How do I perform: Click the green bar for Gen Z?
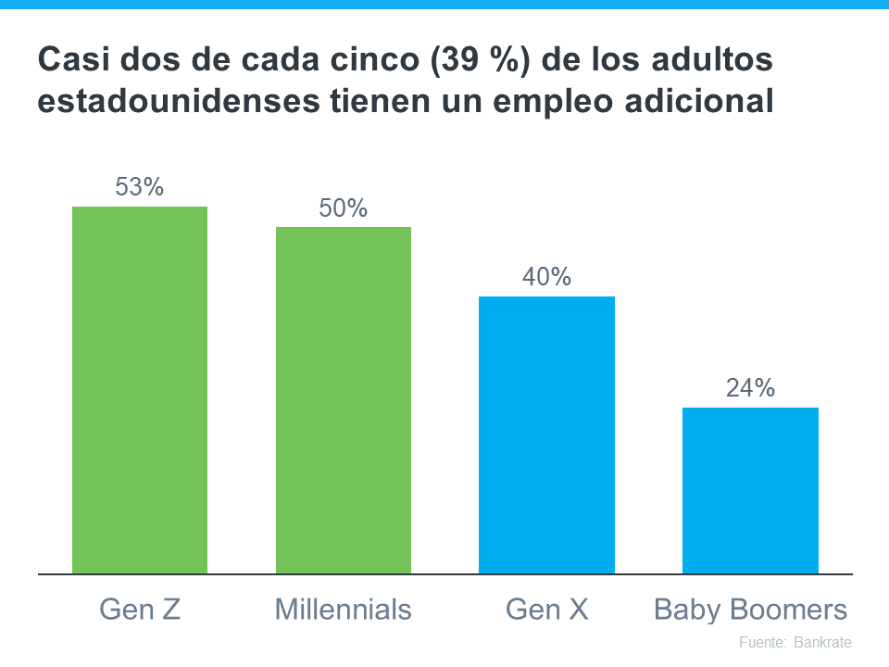click(140, 390)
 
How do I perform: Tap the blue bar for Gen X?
click(546, 434)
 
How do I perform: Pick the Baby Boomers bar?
click(750, 490)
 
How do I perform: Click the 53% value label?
click(140, 187)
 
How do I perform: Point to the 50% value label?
click(344, 208)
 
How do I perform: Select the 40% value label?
click(546, 277)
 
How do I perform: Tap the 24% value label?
click(750, 388)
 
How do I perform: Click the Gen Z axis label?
click(140, 610)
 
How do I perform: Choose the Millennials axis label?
click(344, 610)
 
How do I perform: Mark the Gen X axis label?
click(546, 610)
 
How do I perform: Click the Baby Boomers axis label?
click(750, 610)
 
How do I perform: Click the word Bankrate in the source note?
click(822, 642)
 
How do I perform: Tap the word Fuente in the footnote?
click(761, 642)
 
